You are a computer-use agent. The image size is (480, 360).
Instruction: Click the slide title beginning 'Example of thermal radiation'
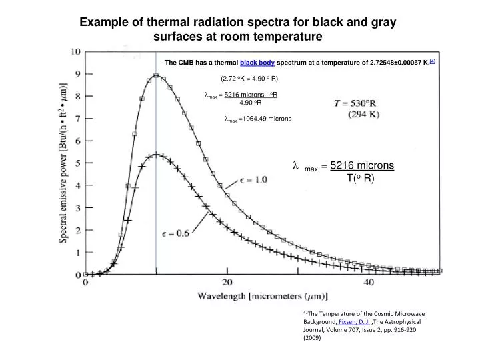tap(239, 28)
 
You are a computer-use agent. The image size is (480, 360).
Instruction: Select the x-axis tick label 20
tap(227, 282)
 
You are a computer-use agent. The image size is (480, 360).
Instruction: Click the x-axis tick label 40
tap(369, 282)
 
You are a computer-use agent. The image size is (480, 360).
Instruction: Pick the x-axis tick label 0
tap(85, 282)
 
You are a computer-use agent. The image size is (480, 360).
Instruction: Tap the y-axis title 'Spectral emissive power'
tap(67, 164)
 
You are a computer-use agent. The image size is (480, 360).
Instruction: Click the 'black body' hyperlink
tap(257, 63)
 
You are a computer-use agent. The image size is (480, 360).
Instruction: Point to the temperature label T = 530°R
tap(359, 103)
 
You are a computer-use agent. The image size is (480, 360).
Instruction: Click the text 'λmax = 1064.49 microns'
tap(258, 120)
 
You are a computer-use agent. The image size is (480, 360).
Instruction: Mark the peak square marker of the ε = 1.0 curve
tap(156, 75)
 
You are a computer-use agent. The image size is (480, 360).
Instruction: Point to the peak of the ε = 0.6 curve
tap(156, 155)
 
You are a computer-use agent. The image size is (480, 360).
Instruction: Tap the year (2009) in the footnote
tap(312, 338)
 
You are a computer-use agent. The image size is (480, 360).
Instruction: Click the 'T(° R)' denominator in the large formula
tap(362, 178)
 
